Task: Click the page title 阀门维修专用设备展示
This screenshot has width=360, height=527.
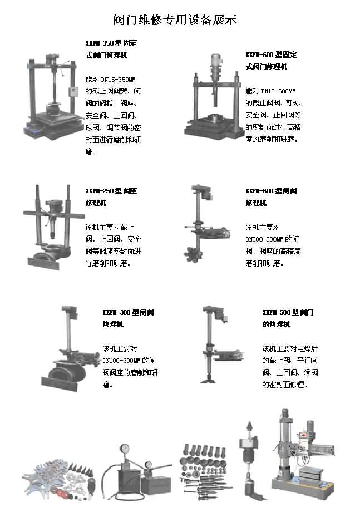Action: [175, 21]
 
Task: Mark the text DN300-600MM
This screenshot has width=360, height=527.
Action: [265, 239]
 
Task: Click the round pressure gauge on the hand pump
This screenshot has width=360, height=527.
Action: [125, 450]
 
